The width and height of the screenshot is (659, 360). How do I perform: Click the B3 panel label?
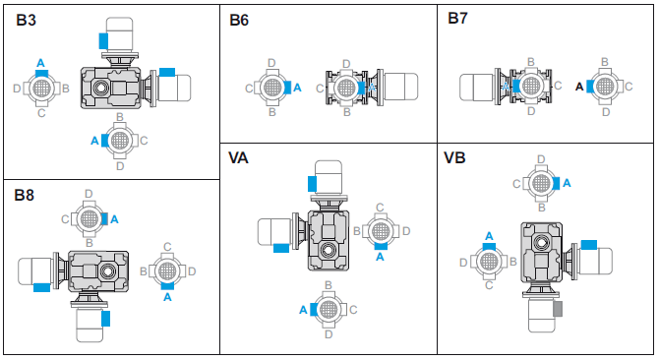(26, 20)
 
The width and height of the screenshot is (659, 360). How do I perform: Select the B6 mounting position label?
(239, 20)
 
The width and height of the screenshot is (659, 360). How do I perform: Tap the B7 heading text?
(457, 18)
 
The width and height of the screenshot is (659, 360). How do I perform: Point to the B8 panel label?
(24, 195)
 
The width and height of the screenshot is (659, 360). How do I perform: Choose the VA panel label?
(238, 158)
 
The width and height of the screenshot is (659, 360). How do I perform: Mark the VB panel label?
(454, 157)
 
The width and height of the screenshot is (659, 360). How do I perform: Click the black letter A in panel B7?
(579, 87)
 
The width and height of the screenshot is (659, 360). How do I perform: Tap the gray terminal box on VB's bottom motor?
(558, 309)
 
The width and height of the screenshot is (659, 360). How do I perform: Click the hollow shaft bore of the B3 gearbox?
(100, 88)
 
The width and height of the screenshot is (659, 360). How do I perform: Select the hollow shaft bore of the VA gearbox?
(328, 251)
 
